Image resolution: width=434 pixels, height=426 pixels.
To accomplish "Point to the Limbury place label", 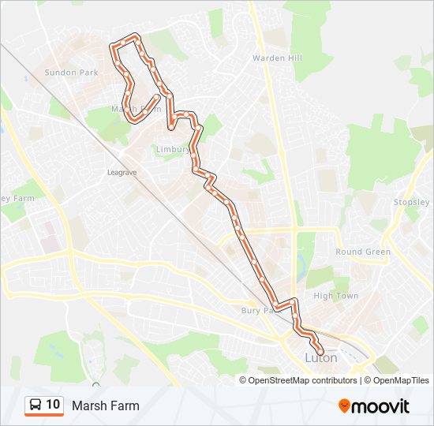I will (172, 148).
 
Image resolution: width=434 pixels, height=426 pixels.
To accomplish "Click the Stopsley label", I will (411, 202).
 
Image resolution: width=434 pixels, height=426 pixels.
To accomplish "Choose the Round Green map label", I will (363, 252).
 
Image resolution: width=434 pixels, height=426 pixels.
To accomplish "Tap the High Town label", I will (335, 296).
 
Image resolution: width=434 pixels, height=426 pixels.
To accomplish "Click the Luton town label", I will (321, 358).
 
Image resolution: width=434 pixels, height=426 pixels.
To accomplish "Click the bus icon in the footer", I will (36, 405).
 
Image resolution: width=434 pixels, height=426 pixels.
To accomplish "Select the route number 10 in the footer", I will (53, 405).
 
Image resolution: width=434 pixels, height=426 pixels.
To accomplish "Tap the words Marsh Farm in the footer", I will (105, 406).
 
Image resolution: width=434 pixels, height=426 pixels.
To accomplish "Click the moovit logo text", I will (381, 406).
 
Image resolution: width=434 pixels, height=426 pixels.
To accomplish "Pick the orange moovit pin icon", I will (345, 406).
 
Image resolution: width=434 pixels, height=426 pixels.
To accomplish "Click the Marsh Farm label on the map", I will (136, 109).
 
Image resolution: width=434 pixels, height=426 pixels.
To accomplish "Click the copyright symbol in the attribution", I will (243, 380).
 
